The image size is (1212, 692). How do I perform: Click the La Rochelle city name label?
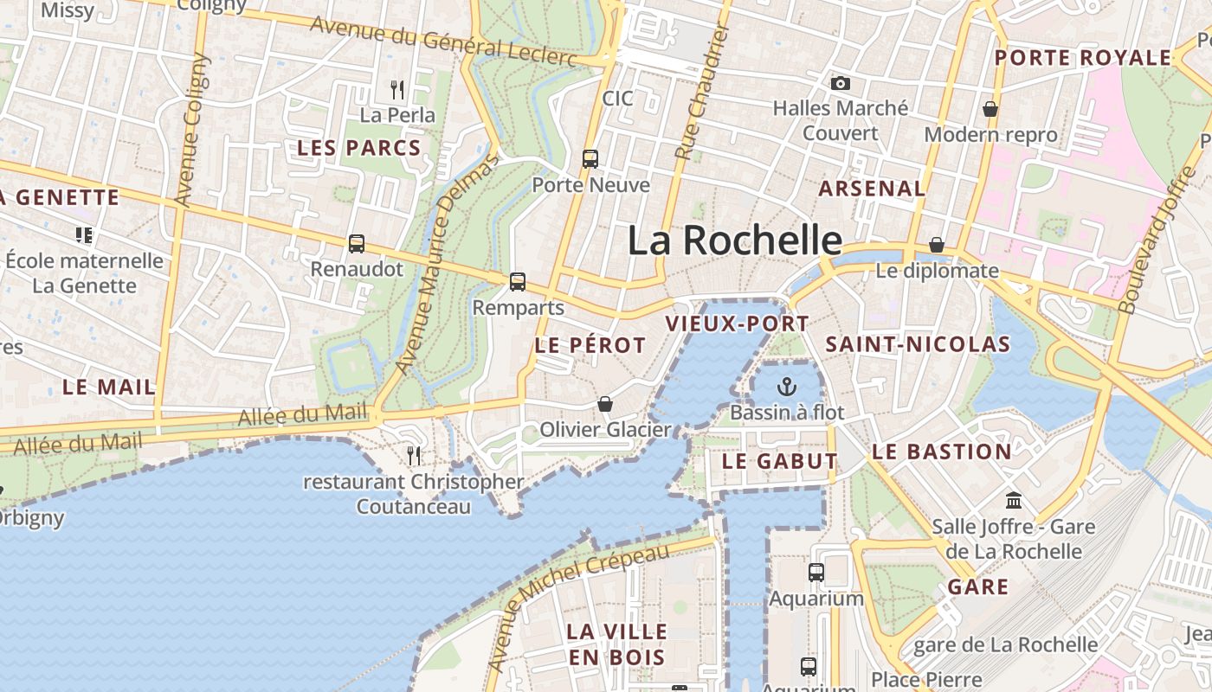tap(734, 240)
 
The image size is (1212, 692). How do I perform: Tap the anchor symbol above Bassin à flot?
tap(787, 386)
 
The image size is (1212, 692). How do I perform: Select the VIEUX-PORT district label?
tap(737, 324)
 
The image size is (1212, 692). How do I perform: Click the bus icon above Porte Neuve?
tap(590, 159)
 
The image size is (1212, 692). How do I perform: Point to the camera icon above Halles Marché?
tap(840, 83)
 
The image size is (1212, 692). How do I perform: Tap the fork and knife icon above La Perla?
tap(397, 88)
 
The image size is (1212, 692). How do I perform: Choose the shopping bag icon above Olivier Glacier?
tap(605, 404)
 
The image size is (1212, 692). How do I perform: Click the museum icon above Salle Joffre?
tap(1014, 500)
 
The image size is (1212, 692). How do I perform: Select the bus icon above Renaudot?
tap(357, 244)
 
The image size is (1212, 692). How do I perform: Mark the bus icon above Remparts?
tap(518, 281)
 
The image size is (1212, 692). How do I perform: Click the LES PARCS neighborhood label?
tap(359, 148)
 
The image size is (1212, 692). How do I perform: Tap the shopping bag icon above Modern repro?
tap(990, 109)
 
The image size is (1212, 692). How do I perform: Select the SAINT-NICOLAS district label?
tap(918, 344)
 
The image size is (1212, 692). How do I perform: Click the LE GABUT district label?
tap(779, 461)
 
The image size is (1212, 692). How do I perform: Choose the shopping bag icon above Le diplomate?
tap(936, 245)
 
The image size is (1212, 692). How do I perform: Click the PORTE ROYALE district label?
tap(1082, 58)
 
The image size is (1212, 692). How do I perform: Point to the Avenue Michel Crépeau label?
tap(578, 605)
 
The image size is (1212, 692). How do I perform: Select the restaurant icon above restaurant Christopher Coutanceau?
tap(414, 455)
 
